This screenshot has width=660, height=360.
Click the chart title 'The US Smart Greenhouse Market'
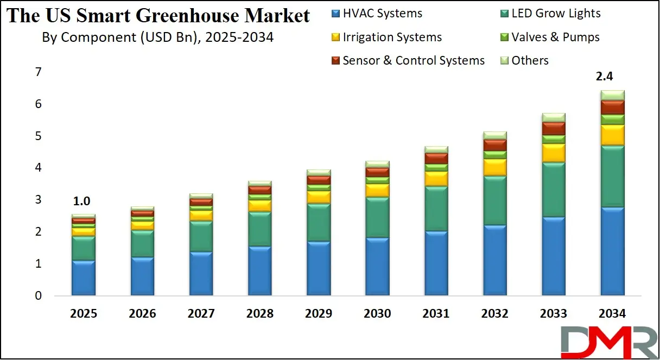tap(158, 15)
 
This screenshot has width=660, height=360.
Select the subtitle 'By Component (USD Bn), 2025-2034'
tap(157, 37)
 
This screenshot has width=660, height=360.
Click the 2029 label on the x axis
tap(319, 314)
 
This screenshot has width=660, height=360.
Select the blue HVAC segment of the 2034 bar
tap(612, 251)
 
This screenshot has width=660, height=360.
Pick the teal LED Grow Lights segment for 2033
tap(554, 190)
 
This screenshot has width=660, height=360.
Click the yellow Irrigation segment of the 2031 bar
tap(436, 179)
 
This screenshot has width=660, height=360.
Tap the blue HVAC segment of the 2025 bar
tap(84, 278)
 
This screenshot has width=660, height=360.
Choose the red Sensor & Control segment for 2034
tap(612, 107)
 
